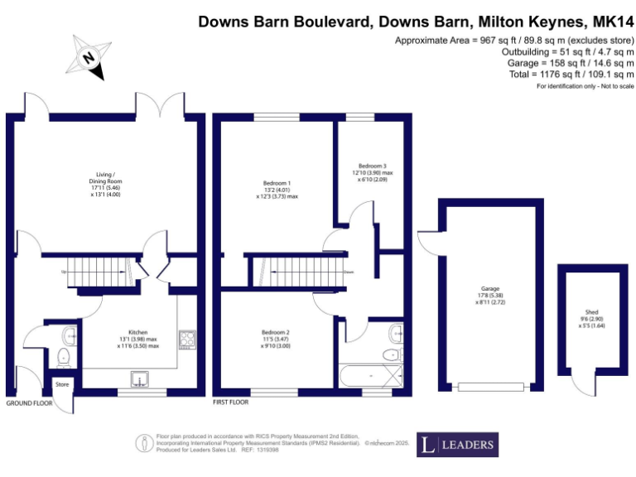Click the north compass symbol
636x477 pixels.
[89, 57]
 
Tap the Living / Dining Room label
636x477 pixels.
[105, 183]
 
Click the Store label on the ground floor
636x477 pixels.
[62, 384]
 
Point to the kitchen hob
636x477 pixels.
[187, 338]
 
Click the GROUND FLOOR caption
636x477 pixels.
[30, 403]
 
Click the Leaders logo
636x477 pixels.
[457, 445]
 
